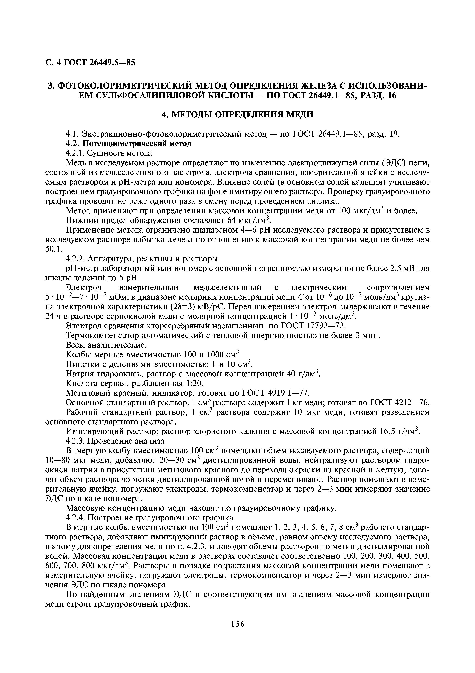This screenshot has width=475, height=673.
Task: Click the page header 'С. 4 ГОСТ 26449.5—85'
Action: pyautogui.click(x=91, y=63)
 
